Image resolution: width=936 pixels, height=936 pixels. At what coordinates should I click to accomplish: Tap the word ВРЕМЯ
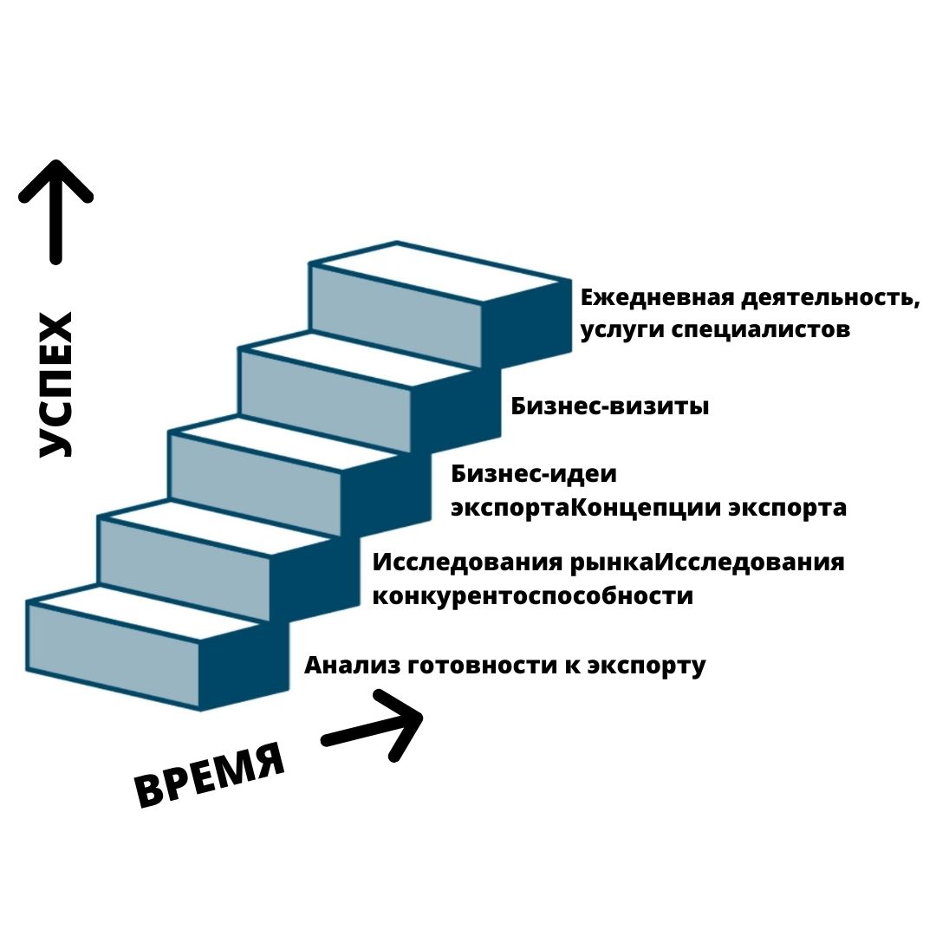coord(211,773)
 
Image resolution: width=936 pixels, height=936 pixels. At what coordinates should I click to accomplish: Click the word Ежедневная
coord(656,298)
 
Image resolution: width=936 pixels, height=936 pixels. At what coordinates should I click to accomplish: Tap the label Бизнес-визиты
coord(610,406)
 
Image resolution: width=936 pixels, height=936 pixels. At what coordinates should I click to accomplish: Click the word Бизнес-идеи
coord(534,474)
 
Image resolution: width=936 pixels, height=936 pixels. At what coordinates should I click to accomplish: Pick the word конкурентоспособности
coord(533,596)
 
